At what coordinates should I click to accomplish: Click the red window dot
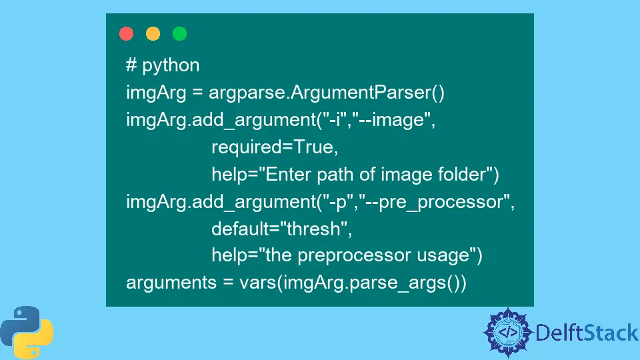(126, 33)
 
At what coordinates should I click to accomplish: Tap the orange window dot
(153, 33)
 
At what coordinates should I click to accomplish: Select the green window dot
(179, 33)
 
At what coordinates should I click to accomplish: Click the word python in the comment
(171, 65)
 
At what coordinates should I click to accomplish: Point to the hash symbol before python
(131, 65)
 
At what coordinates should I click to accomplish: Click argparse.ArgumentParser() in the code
(327, 92)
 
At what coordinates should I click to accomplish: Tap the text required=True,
(275, 147)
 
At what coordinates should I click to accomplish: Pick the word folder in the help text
(461, 174)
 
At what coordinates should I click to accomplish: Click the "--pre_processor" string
(434, 201)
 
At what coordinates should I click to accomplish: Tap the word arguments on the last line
(171, 283)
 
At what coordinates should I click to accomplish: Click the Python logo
(27, 333)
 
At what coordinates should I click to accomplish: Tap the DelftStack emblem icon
(507, 332)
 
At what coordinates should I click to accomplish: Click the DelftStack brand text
(587, 333)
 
